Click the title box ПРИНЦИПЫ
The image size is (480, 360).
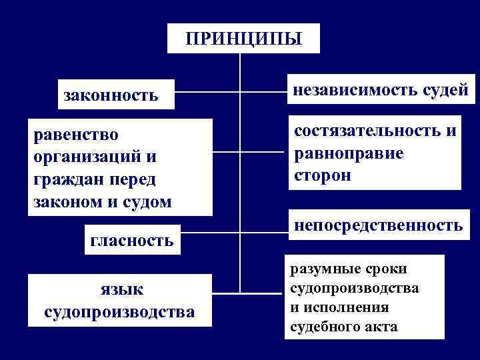243,38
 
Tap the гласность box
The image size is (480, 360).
132,240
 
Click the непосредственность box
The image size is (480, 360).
377,225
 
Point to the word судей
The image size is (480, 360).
445,89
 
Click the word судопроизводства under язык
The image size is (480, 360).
119,312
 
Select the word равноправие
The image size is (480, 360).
347,153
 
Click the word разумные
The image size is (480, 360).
322,269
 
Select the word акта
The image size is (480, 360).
381,327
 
